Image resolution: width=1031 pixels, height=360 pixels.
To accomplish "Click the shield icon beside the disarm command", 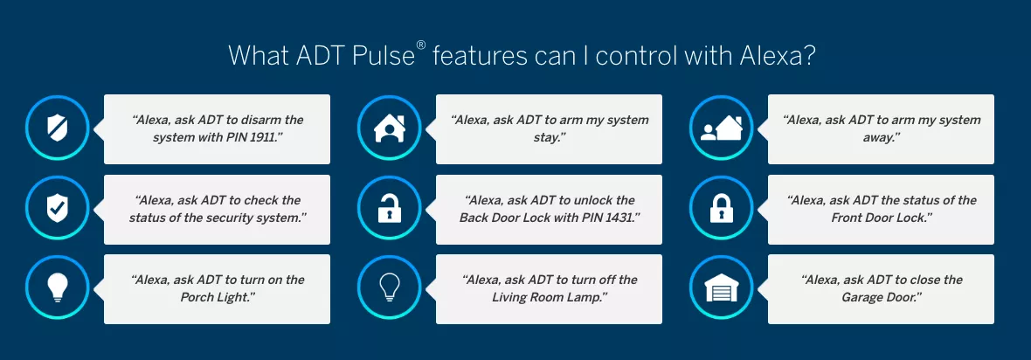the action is pos(57,128).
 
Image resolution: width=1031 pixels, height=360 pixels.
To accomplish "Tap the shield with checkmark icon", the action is pos(57,209).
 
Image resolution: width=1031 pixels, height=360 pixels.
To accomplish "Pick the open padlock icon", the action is pos(389,208).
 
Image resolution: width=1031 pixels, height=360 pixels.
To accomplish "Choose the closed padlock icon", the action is pos(721,209).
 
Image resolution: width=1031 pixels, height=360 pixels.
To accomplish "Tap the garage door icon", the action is pos(721,288).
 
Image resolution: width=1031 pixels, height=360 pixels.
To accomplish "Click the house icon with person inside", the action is pos(389,128).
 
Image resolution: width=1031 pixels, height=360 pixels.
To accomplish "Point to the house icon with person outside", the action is pos(721,128).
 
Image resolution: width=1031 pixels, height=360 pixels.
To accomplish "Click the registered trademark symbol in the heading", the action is pos(421,48).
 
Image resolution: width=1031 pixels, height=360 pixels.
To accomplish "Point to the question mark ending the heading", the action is pos(809,55).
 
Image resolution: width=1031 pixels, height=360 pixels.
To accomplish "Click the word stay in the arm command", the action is pos(550,137).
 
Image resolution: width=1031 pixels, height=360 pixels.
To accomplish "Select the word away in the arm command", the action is pos(880,137).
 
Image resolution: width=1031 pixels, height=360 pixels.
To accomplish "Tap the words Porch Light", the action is pos(217,297).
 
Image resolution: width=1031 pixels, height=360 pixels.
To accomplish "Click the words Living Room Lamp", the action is pos(546,297).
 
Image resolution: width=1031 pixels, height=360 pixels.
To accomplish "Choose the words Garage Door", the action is pos(878,297).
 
